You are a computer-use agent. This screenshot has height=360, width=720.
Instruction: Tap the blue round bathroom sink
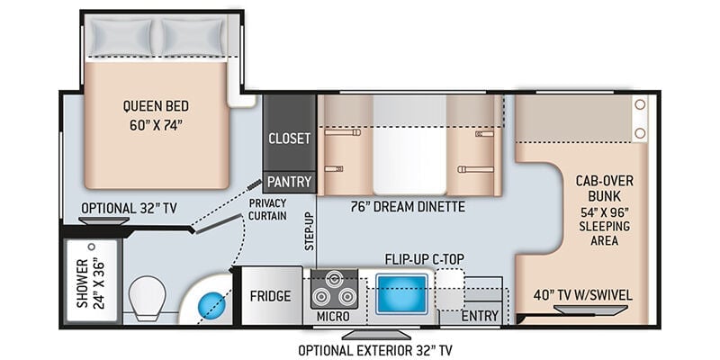212,305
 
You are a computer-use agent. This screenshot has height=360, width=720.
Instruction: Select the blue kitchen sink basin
401,294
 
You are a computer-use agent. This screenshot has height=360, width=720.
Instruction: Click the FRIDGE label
271,296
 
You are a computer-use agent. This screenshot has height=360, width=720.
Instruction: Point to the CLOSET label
289,139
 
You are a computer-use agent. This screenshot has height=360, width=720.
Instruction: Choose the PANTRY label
289,182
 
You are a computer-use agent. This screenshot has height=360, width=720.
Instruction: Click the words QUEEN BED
156,106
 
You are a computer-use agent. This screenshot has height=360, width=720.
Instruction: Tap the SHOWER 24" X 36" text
91,283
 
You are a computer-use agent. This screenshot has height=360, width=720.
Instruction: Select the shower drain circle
92,247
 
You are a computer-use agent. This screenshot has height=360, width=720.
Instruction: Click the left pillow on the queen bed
121,37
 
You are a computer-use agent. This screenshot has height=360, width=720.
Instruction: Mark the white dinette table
409,145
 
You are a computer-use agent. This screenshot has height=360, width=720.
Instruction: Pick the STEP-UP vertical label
309,231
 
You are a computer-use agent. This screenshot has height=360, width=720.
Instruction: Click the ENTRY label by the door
480,316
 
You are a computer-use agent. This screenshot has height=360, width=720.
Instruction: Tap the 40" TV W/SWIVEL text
582,295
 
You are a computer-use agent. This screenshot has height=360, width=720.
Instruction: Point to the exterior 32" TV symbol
376,334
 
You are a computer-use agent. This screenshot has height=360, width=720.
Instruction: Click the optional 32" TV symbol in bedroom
103,220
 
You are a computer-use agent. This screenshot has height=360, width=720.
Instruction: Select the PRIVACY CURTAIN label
267,210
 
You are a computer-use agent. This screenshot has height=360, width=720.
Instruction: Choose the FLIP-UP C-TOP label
425,259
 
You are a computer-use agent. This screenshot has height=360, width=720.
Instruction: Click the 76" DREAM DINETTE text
408,207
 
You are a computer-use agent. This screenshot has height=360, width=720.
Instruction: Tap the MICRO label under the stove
333,317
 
